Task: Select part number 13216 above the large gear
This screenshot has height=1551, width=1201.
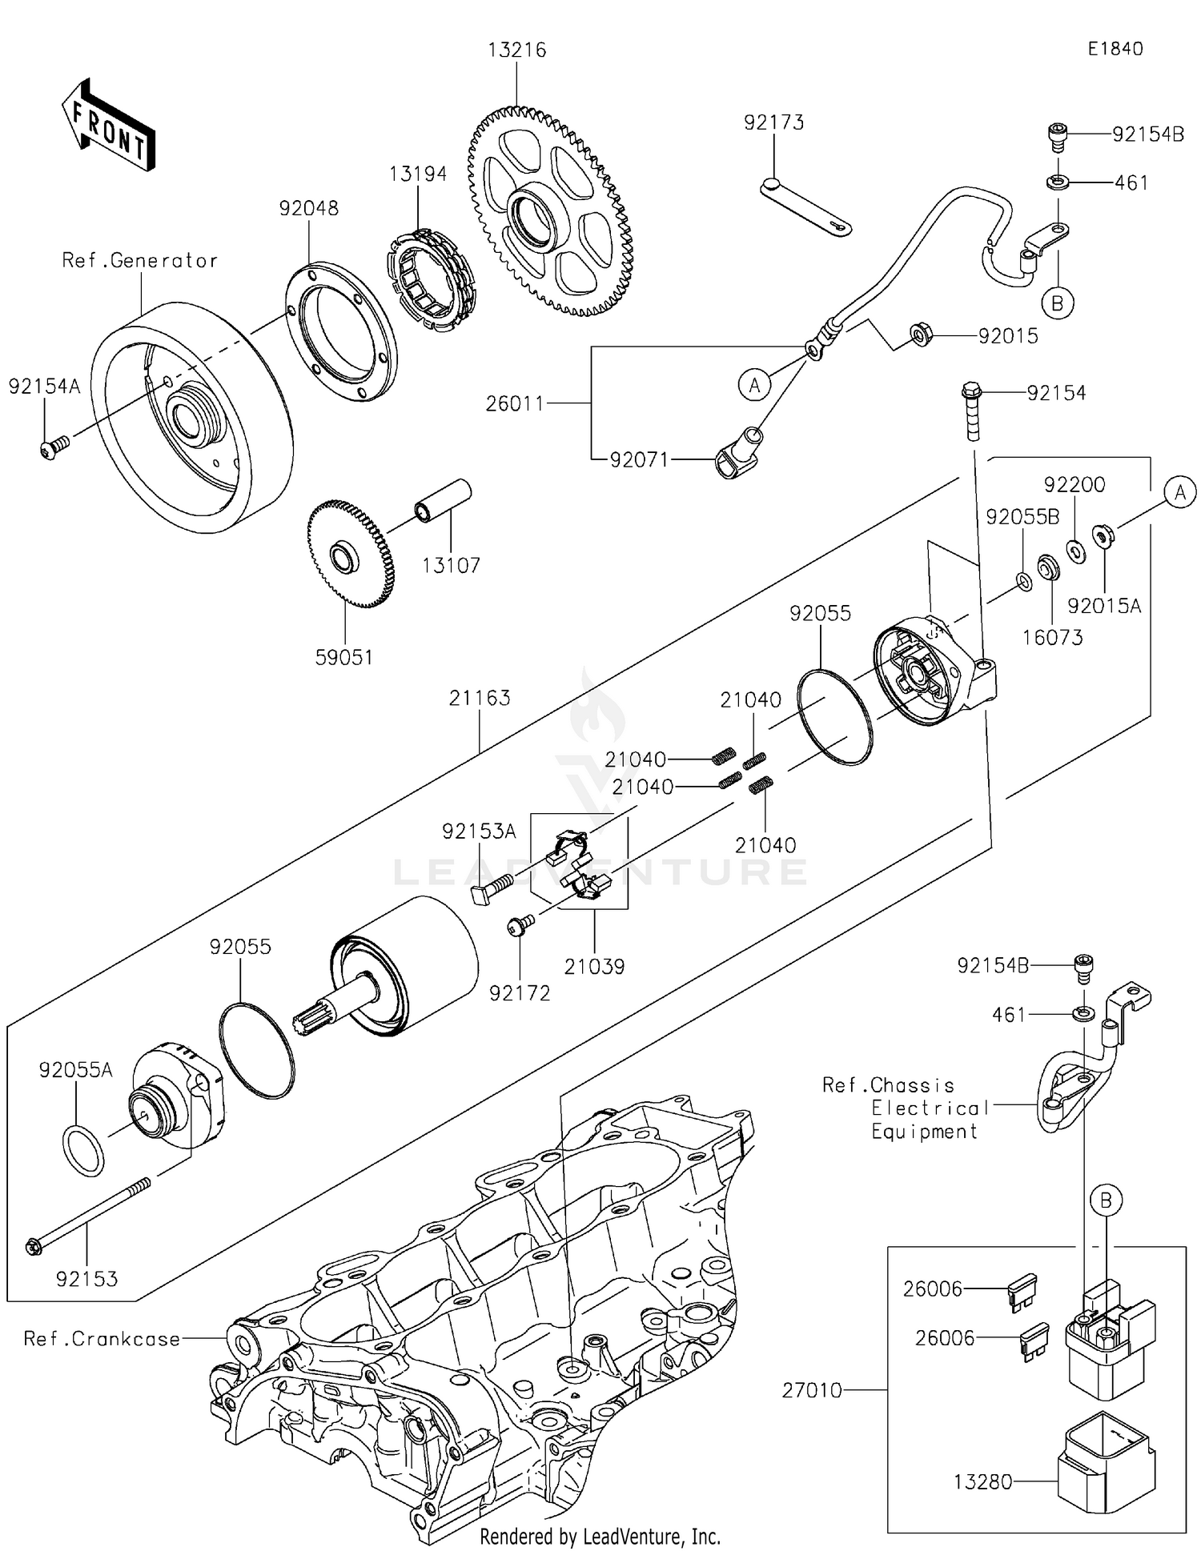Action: click(x=517, y=50)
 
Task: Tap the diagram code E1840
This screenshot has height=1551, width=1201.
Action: click(x=1115, y=49)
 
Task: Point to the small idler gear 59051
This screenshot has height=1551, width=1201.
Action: click(x=350, y=554)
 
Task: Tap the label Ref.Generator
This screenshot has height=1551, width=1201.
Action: click(x=140, y=261)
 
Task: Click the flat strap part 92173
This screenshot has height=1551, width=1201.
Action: click(x=805, y=206)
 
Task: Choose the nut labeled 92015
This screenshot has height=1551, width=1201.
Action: click(x=921, y=335)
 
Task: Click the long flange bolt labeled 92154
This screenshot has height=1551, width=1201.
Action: click(x=972, y=411)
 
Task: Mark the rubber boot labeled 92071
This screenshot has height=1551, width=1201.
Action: click(x=739, y=452)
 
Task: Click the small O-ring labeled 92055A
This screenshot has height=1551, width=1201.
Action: click(x=83, y=1150)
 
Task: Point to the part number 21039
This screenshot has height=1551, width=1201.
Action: click(x=594, y=966)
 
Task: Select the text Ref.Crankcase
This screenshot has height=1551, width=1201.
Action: click(x=102, y=1339)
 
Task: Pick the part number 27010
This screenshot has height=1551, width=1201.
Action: click(x=812, y=1390)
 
